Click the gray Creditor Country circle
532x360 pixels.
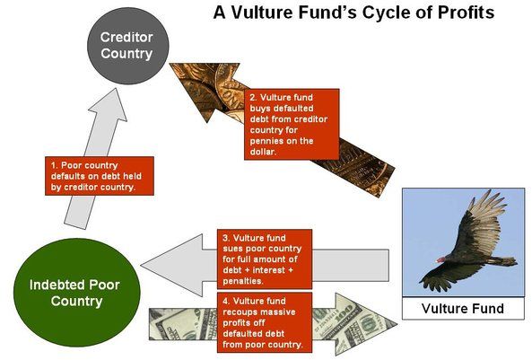[x=128, y=46]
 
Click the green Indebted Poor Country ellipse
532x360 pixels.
[x=76, y=293]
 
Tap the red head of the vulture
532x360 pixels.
[x=440, y=259]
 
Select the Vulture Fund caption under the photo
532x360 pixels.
[x=463, y=308]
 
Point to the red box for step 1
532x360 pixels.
[x=100, y=176]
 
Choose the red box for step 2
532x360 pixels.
[x=292, y=124]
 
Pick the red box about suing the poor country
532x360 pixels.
[x=265, y=259]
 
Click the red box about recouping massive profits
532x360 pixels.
[x=265, y=322]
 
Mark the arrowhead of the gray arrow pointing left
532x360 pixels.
[x=173, y=265]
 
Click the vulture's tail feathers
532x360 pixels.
[x=503, y=261]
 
